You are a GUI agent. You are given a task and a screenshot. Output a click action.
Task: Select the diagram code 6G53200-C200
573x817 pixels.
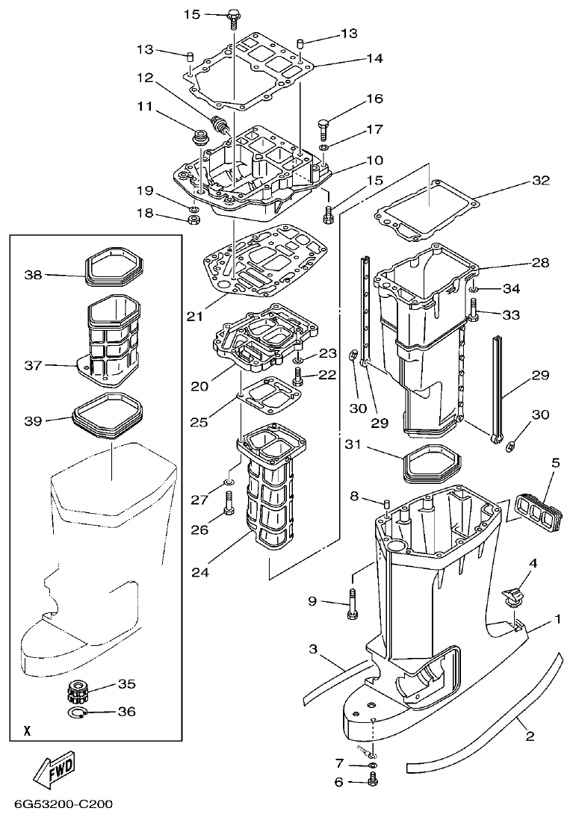[x=63, y=805]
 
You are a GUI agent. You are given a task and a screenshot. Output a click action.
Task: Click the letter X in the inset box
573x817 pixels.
[x=27, y=731]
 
